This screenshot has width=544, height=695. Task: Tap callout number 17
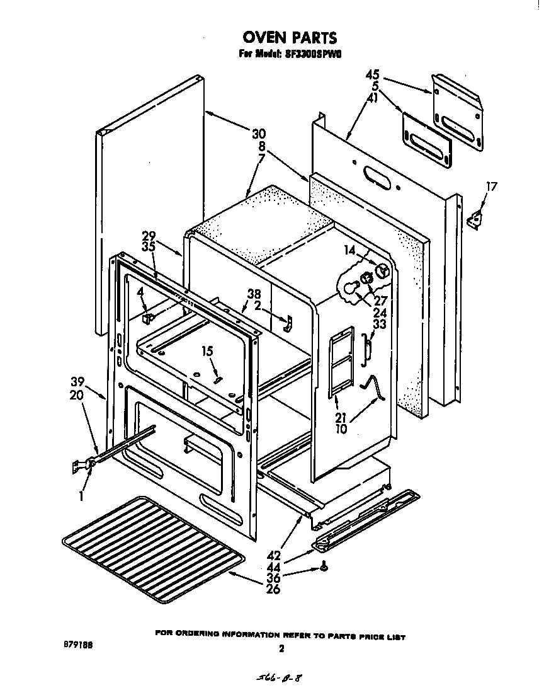coord(492,187)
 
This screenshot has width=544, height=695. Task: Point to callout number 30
coord(259,134)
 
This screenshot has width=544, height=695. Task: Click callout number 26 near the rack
coord(273,590)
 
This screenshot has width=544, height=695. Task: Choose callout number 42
coord(273,556)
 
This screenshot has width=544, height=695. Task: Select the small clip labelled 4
coord(148,318)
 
